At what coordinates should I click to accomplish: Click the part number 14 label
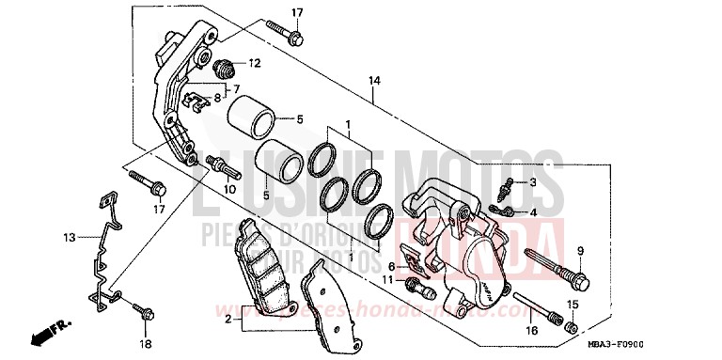pyautogui.click(x=374, y=81)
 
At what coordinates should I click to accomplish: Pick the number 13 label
pyautogui.click(x=68, y=239)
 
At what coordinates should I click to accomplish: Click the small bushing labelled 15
pyautogui.click(x=570, y=326)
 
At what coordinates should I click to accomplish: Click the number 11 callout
pyautogui.click(x=386, y=280)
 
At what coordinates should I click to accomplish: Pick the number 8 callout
pyautogui.click(x=217, y=96)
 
